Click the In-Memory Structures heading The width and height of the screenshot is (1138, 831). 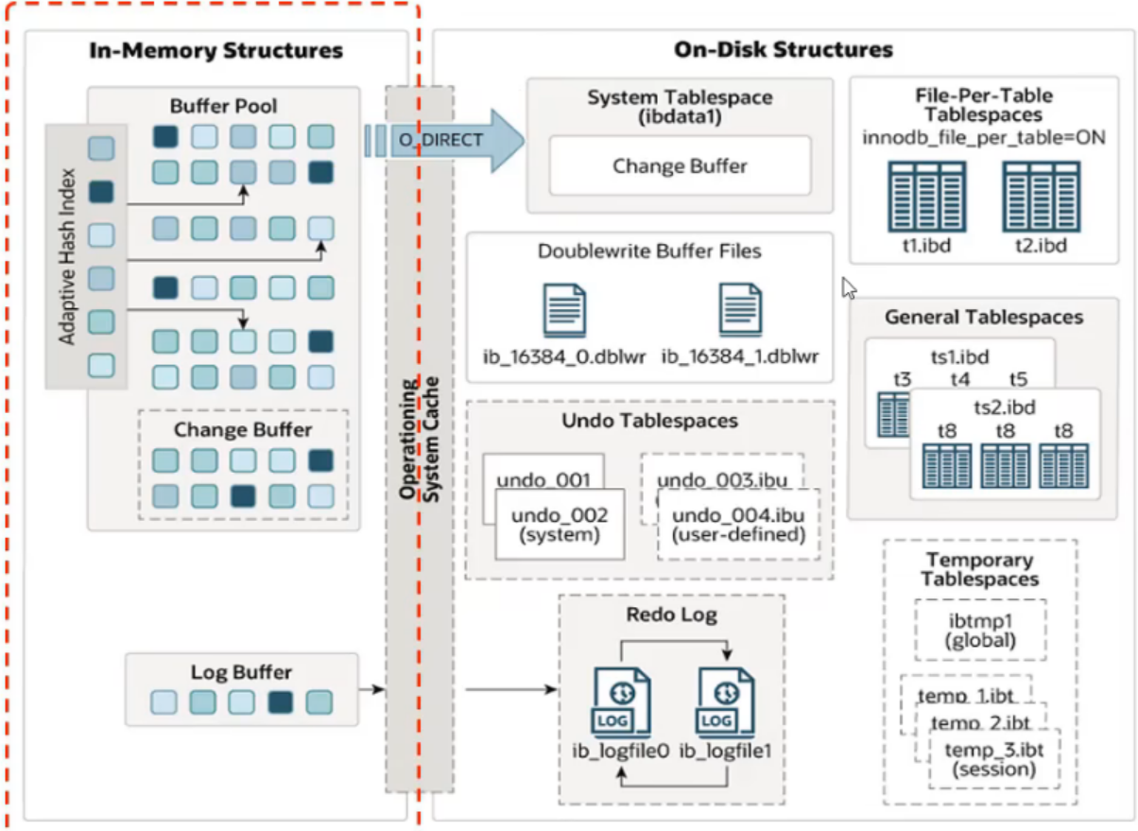216,50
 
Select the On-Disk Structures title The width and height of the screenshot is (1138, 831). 783,49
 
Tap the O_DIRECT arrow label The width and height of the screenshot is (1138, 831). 440,140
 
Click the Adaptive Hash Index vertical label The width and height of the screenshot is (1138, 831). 66,256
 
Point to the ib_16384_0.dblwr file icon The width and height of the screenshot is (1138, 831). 564,310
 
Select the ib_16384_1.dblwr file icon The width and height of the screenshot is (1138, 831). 740,309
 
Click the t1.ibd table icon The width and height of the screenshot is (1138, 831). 926,197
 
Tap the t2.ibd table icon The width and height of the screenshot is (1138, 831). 1041,197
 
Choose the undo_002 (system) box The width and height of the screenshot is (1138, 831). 560,524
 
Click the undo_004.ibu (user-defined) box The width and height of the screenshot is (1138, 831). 738,524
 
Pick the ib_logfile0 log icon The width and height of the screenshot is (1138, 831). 621,703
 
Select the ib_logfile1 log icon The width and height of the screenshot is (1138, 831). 725,703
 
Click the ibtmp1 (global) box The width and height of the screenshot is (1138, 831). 980,631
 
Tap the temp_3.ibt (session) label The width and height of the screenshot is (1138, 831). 993,759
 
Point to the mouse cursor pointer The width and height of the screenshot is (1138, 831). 849,287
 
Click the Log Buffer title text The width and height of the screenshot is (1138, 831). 241,672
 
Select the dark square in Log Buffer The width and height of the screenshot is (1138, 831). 281,702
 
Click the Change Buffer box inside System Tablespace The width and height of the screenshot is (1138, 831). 680,165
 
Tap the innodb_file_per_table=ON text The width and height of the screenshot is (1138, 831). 984,137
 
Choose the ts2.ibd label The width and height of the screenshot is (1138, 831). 1005,407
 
